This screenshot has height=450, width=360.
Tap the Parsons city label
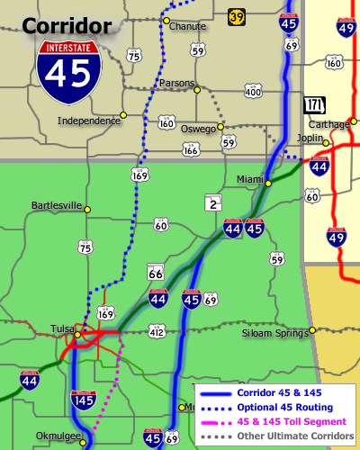[175, 83]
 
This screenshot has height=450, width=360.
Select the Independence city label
[88, 120]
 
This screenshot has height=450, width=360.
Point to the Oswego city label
[198, 129]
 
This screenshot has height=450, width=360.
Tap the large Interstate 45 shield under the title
[69, 71]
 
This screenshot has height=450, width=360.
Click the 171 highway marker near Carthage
[314, 104]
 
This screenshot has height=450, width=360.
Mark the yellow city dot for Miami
[267, 184]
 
